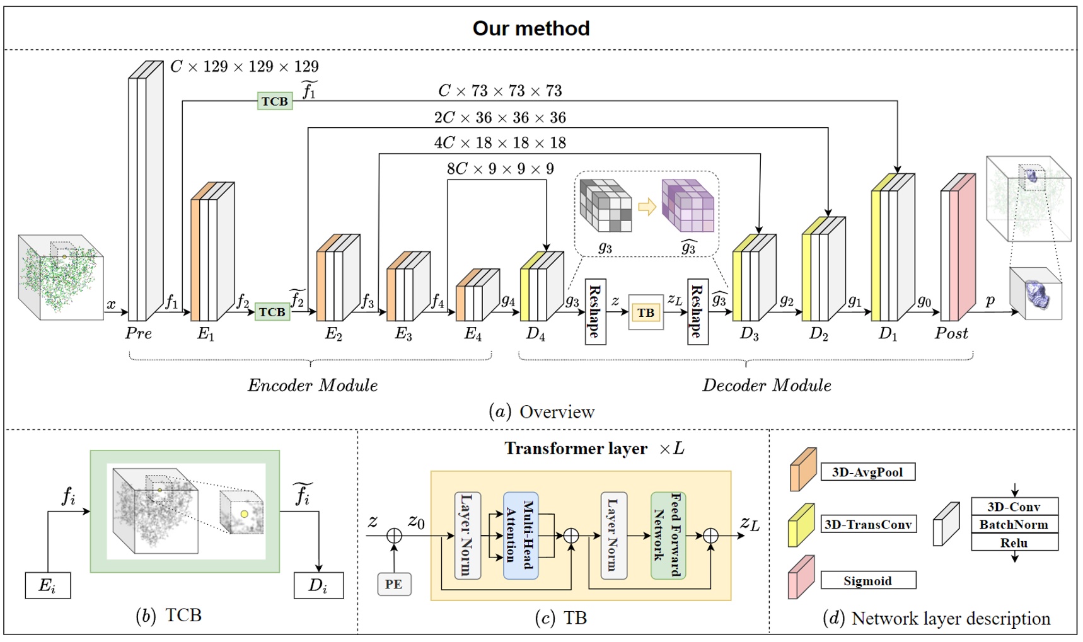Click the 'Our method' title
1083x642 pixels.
(531, 28)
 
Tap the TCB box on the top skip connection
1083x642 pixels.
(275, 101)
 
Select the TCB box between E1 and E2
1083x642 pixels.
(272, 312)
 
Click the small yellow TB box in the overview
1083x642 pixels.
(646, 312)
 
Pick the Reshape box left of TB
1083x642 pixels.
(595, 311)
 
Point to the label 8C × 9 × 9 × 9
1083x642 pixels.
(500, 169)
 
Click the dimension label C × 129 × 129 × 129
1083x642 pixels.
(245, 66)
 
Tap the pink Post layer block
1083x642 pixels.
(962, 252)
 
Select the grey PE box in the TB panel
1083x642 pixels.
(393, 584)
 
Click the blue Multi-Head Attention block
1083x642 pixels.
(521, 536)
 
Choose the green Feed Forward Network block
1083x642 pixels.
(668, 536)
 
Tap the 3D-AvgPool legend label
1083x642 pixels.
(867, 472)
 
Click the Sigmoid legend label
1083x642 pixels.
(867, 581)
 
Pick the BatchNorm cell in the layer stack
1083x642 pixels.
(1014, 524)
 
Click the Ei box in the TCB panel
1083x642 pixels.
(48, 585)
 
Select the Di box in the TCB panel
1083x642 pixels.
(318, 585)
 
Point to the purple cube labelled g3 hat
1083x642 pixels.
(688, 205)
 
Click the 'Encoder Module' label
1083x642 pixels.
(313, 385)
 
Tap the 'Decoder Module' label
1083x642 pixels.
(767, 385)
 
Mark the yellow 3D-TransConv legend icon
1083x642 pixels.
(801, 524)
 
